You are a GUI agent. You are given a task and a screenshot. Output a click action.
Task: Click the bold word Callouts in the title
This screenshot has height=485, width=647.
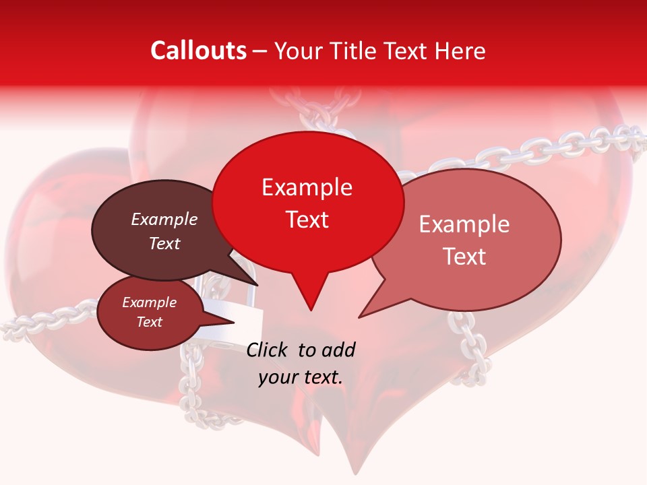point(198,51)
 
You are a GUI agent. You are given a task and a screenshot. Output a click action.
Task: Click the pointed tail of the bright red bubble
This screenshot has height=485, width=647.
point(310,306)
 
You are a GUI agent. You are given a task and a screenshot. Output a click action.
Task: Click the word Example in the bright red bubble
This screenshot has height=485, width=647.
point(307,188)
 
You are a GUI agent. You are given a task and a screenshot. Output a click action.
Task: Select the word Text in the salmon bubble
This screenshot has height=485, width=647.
point(464,256)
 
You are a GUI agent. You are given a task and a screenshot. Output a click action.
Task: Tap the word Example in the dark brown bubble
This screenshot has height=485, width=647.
point(164,220)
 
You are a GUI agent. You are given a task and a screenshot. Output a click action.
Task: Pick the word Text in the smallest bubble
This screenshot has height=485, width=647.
point(150,322)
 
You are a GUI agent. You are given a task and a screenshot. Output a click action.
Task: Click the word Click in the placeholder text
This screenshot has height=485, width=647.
point(268,350)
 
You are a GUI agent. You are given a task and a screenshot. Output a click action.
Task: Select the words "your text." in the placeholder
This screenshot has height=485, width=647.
point(301,377)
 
